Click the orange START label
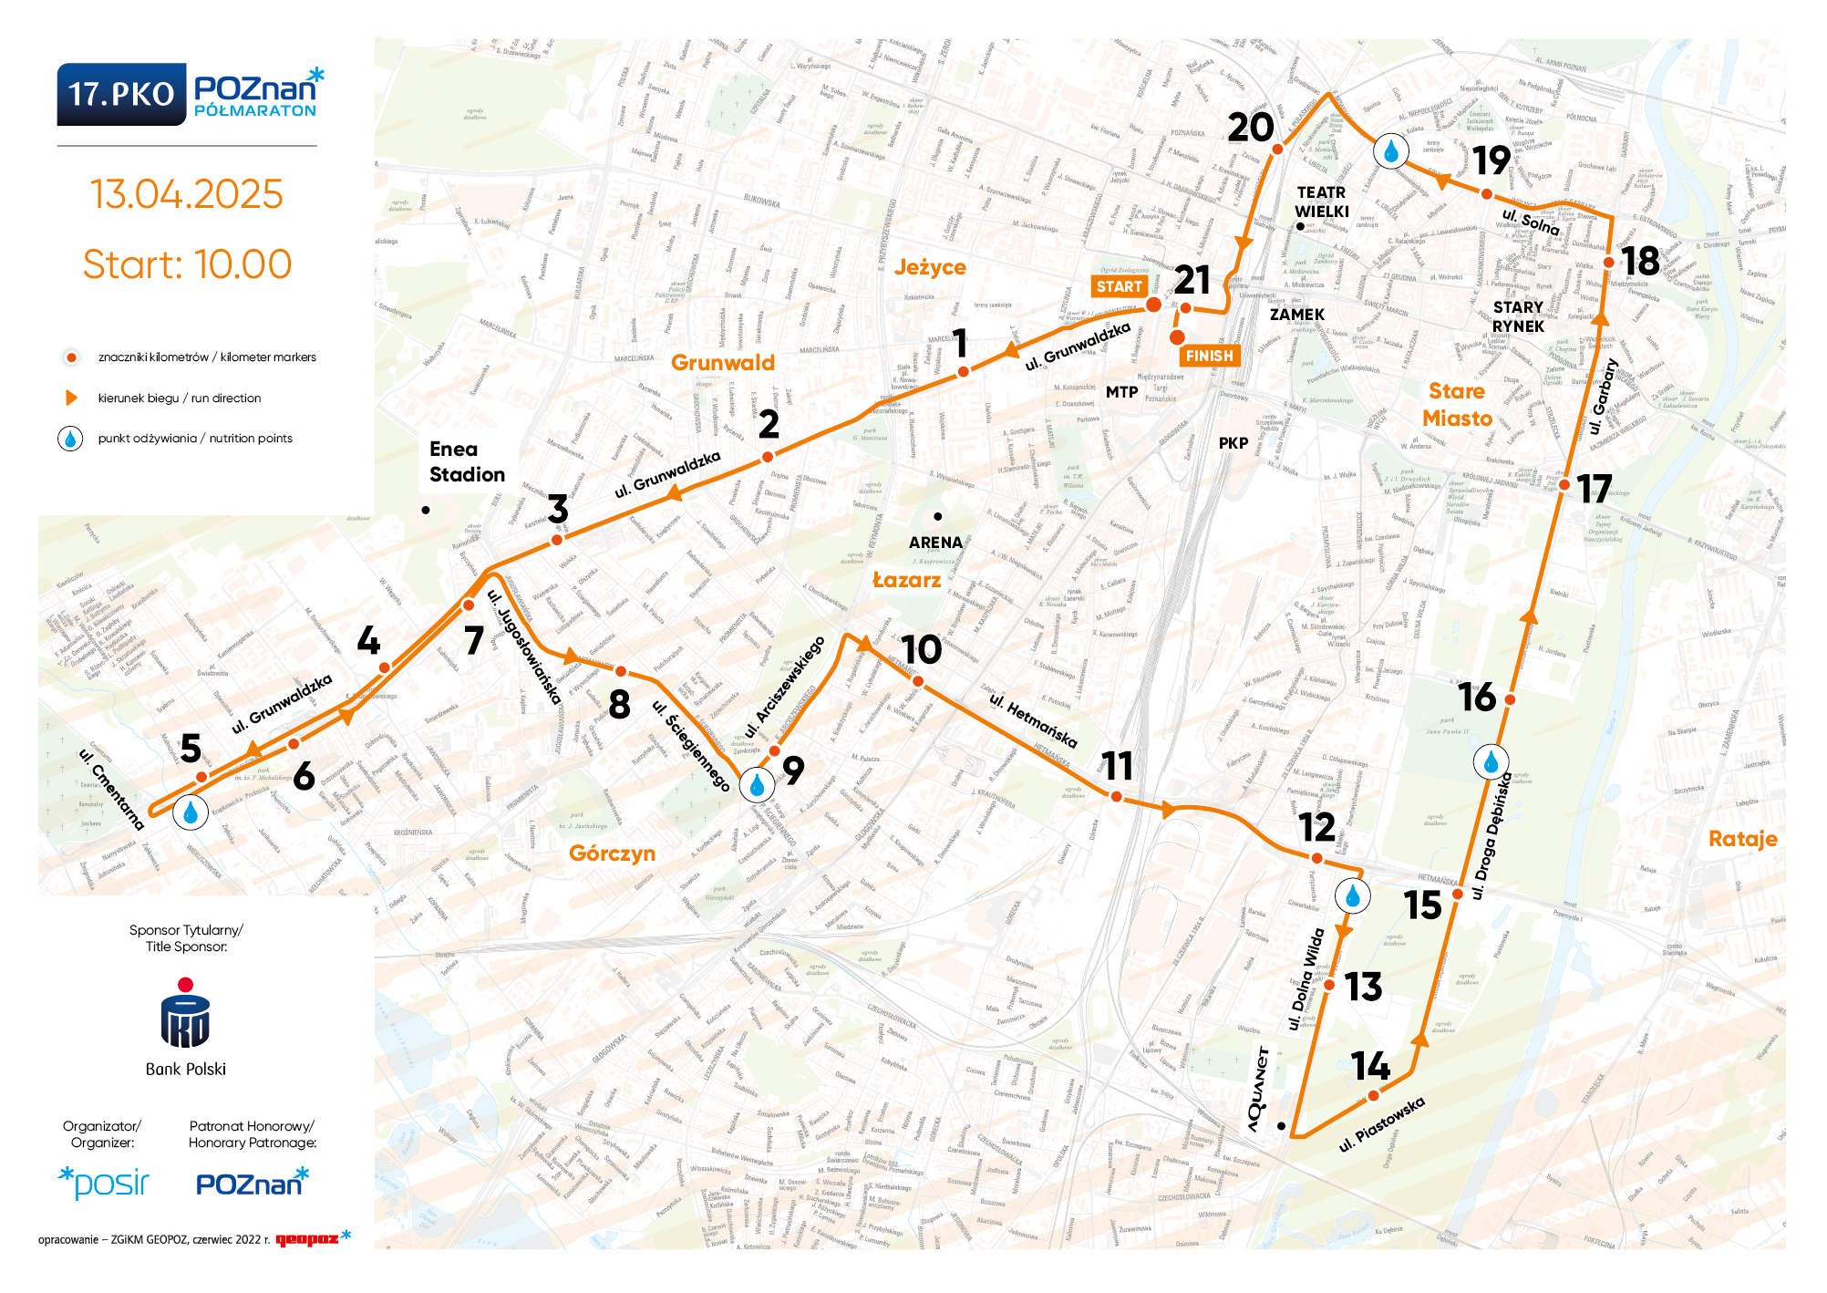(x=1119, y=286)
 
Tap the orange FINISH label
(x=1209, y=356)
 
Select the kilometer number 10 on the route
(x=921, y=650)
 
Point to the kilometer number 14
(x=1370, y=1065)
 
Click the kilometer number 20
(x=1250, y=128)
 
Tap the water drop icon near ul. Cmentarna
(x=191, y=812)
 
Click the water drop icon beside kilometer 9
(x=757, y=784)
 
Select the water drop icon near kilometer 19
(x=1390, y=151)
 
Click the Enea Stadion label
(x=466, y=461)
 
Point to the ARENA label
(x=935, y=542)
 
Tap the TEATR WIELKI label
(x=1321, y=202)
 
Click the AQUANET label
(x=1258, y=1090)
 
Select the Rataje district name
(x=1742, y=839)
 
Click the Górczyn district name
(x=612, y=853)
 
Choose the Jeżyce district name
(x=930, y=267)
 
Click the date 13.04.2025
(x=187, y=194)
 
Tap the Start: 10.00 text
(x=187, y=264)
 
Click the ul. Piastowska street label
(x=1381, y=1124)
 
